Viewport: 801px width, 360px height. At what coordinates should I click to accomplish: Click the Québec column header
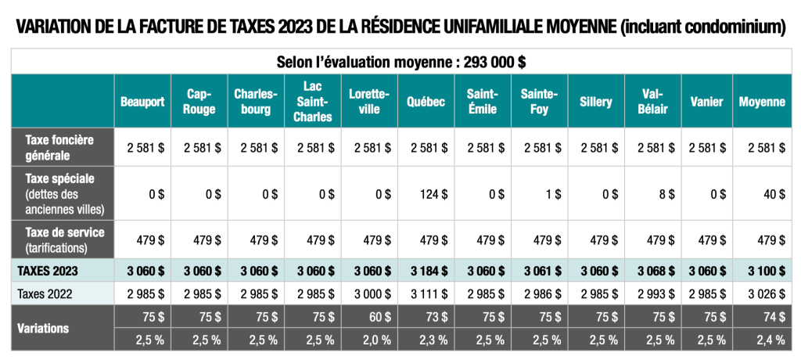[x=426, y=102]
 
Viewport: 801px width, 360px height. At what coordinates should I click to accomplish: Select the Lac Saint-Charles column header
[x=313, y=102]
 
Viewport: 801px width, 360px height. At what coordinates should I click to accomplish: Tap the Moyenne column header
[x=761, y=102]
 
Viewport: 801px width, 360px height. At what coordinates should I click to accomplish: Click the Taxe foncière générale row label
[x=59, y=146]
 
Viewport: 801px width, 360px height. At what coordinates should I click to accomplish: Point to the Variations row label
[x=42, y=328]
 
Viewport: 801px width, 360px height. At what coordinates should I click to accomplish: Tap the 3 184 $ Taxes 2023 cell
[x=427, y=270]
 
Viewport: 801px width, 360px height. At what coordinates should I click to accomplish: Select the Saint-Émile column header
[x=483, y=102]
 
